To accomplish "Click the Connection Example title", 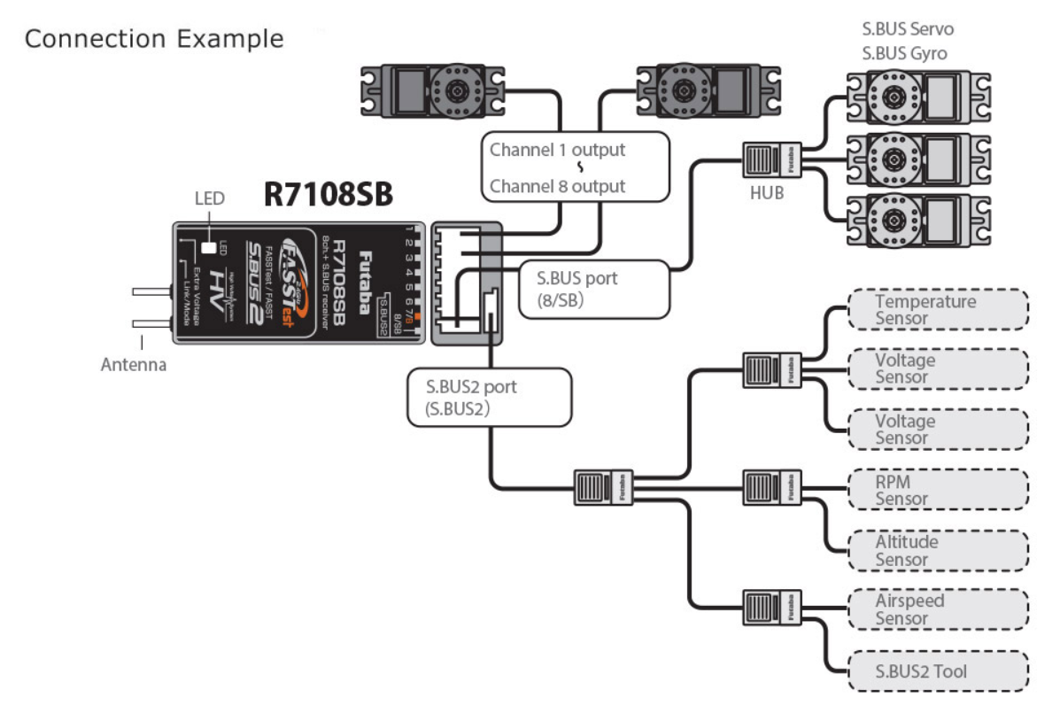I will pos(155,40).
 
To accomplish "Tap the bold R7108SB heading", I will pos(328,196).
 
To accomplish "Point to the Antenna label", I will pos(132,364).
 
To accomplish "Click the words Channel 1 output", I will pos(557,150).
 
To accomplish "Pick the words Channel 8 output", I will pos(557,186).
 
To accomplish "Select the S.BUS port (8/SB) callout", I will pos(593,288).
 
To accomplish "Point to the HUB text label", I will pos(766,193).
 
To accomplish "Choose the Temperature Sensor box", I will pos(937,310).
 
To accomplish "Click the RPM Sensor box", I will pos(937,490).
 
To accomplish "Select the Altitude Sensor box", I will pos(937,550).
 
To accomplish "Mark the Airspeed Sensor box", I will pos(937,609).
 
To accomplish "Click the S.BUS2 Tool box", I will pos(937,671).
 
